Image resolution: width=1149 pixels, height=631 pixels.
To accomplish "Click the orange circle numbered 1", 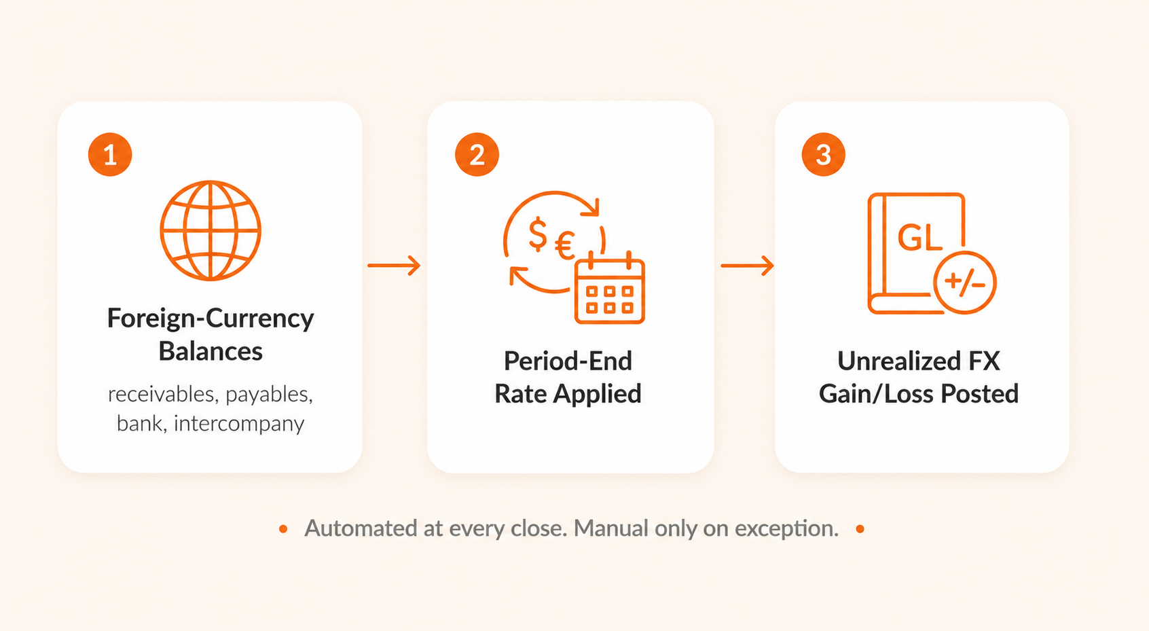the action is coord(110,154).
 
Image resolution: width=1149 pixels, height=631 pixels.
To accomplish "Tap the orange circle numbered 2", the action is coord(477,154).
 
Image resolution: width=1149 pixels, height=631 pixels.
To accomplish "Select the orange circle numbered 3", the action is coord(823,154).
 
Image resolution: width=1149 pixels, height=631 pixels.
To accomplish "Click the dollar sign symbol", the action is coord(538,234).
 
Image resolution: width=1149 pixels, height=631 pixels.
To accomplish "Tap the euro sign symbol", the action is coord(564,245).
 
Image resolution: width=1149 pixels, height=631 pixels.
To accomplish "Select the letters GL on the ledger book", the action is coord(919,238).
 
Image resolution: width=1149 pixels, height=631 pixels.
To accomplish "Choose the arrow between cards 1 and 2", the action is coord(394,265).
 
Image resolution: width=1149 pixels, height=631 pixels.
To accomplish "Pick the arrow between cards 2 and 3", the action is coord(747,265).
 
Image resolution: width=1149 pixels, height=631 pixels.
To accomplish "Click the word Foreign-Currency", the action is coord(211,319).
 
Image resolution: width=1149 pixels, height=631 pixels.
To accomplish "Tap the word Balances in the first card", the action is coord(211,351).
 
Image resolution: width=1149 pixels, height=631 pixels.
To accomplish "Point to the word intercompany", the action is coord(239,424).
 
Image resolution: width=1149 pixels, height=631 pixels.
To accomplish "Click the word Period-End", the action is coord(568,361).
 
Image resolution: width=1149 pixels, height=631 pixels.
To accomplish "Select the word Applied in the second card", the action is coord(598,394).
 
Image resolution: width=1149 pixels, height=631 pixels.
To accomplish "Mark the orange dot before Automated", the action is coord(283,529).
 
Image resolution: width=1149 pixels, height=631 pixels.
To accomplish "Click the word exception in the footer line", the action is coord(786,529).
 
